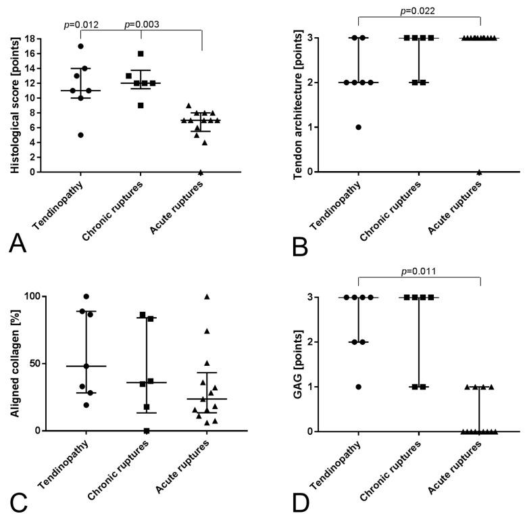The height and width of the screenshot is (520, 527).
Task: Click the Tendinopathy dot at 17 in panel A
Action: coord(80,47)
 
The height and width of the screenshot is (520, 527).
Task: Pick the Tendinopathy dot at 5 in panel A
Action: coord(80,135)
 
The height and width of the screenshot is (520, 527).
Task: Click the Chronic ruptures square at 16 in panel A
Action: coord(141,54)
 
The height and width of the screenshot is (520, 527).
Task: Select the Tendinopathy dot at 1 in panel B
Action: coord(358,127)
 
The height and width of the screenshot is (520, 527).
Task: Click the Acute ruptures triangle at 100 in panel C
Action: coord(207,296)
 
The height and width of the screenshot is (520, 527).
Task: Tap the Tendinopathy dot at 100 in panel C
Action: coord(86,296)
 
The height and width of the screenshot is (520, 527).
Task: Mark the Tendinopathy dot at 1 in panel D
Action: coord(358,387)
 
